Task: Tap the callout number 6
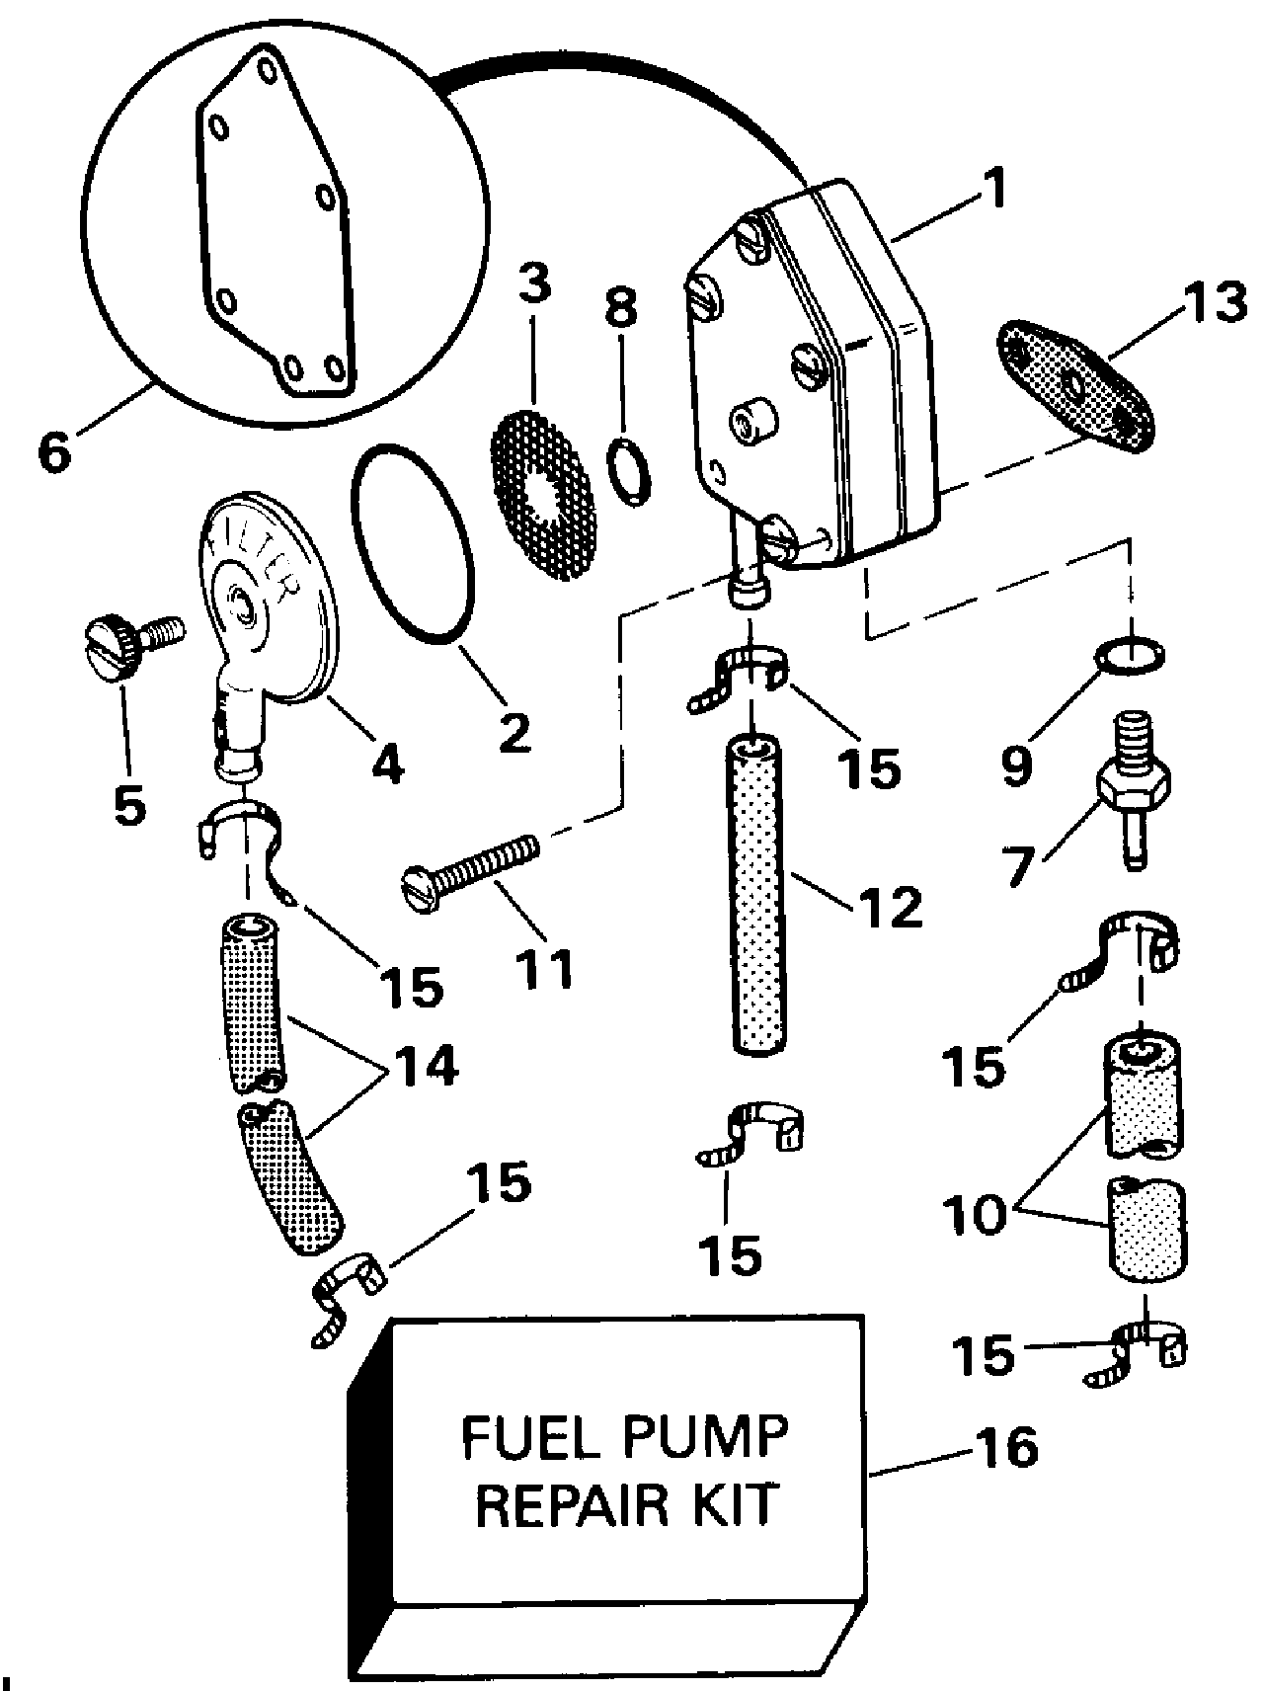click(54, 451)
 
